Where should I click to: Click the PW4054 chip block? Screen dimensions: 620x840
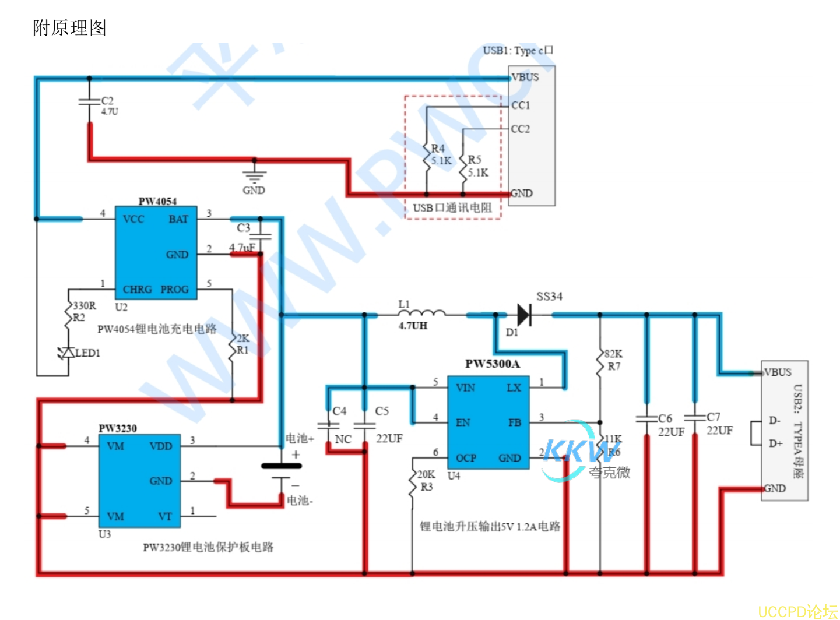(156, 252)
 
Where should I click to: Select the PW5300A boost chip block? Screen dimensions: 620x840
(488, 422)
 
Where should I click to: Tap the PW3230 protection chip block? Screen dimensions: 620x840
(139, 480)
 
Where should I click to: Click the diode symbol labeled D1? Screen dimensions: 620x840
(523, 315)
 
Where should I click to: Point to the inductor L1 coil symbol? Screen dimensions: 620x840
(421, 313)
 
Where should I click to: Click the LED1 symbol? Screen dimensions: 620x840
(68, 353)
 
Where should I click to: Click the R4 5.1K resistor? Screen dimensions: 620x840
(426, 155)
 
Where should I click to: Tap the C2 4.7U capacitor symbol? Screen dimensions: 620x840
(89, 102)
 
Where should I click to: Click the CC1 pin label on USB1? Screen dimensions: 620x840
(521, 105)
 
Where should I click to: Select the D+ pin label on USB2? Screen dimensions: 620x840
(775, 443)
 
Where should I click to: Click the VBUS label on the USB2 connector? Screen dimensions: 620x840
(778, 372)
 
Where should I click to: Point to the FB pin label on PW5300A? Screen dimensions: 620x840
(514, 422)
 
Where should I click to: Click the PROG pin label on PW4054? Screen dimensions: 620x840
(175, 289)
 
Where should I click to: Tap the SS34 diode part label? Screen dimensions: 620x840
(549, 297)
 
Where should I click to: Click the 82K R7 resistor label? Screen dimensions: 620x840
(613, 360)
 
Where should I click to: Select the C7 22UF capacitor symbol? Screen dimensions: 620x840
(694, 417)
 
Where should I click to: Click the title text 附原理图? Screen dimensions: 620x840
(69, 27)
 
